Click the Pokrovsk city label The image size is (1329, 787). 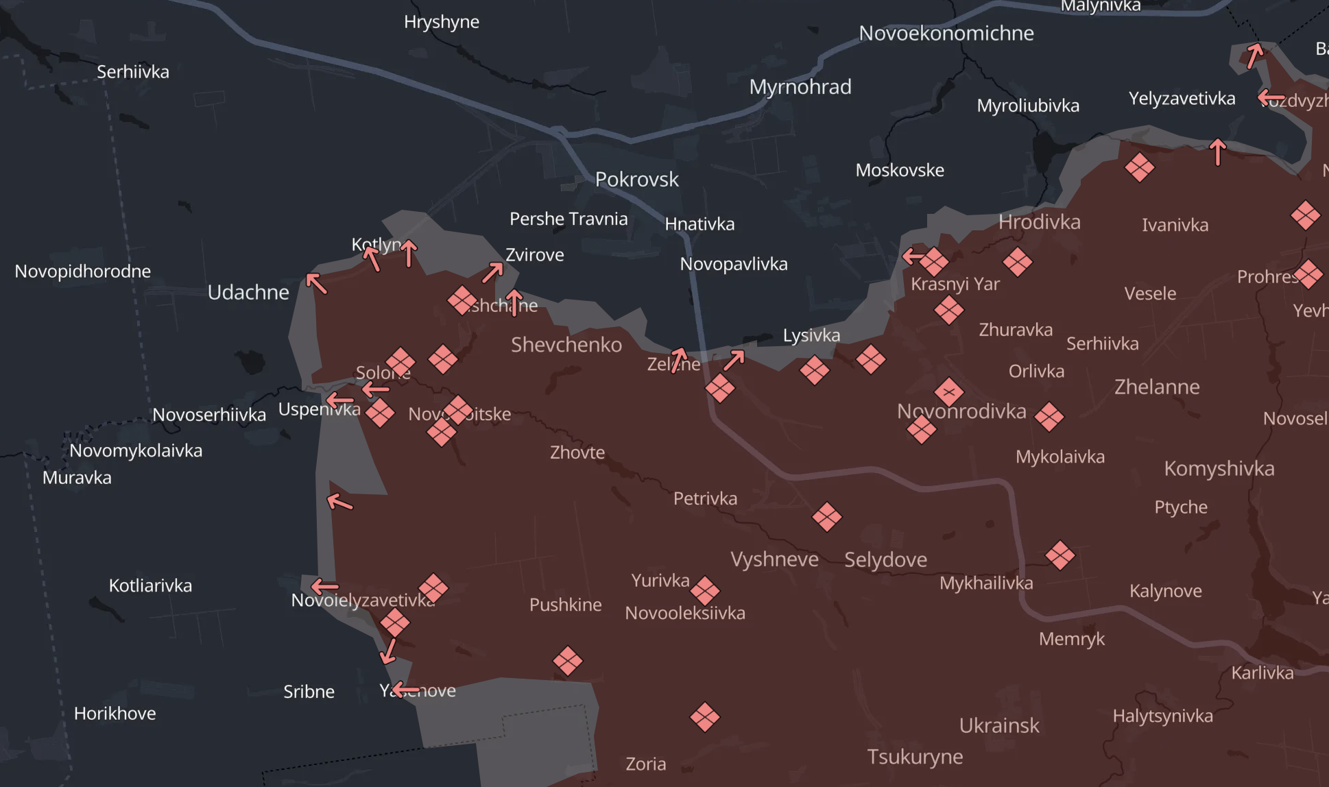636,180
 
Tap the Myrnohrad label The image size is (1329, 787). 800,87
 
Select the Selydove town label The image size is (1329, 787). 885,560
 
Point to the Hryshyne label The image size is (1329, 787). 441,22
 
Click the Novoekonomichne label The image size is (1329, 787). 946,33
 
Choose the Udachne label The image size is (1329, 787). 248,293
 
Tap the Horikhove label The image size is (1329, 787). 115,714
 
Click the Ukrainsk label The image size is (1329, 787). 998,725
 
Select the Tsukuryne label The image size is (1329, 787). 915,757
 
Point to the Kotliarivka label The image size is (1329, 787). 150,585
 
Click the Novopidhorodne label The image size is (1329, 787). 82,271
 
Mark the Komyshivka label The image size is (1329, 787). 1219,469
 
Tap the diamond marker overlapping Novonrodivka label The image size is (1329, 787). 948,393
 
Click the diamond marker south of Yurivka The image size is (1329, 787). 704,590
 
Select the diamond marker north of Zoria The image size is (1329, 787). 704,718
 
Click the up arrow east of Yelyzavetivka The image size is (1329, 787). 1217,152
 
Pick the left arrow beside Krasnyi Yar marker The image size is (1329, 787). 913,257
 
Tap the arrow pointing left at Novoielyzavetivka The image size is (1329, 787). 324,587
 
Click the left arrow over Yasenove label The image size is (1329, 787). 405,690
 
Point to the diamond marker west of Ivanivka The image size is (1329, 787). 1139,167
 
